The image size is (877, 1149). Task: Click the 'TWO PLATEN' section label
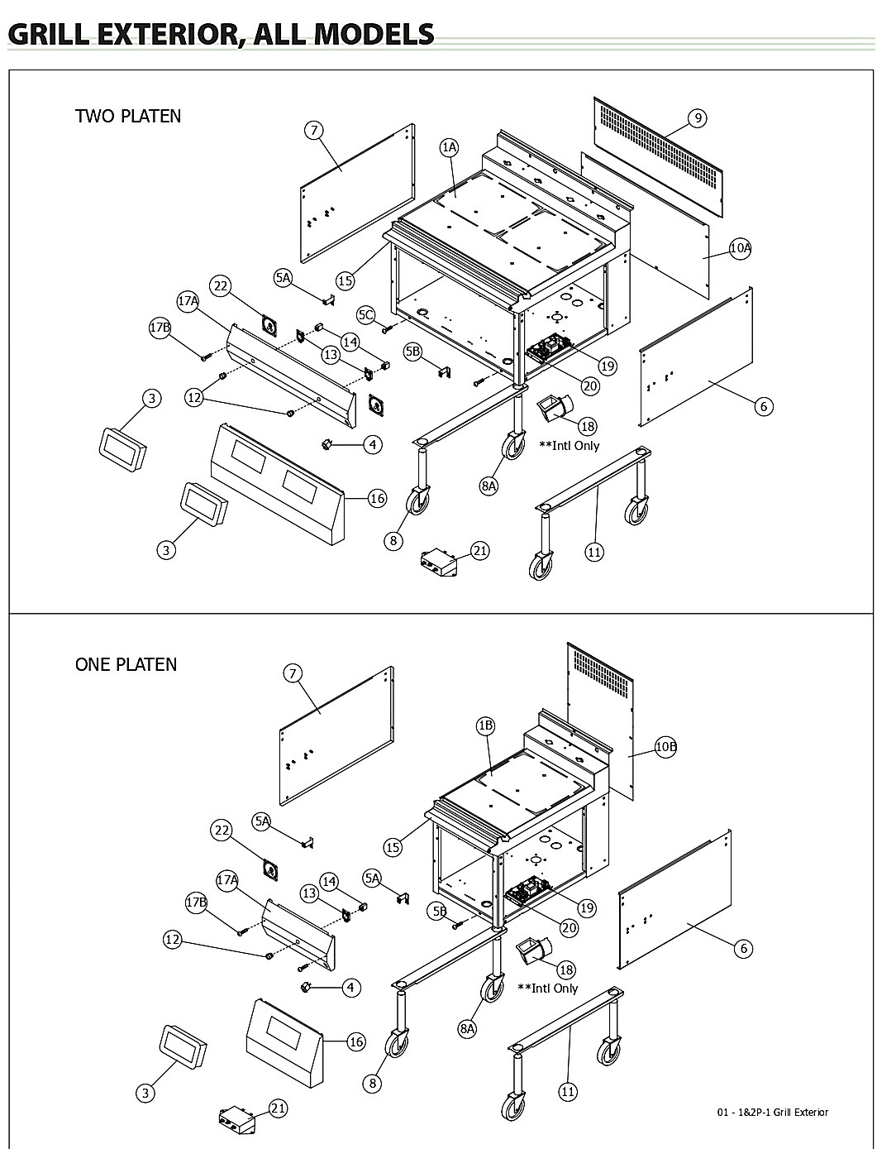tap(128, 116)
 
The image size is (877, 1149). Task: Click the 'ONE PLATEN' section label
tap(126, 664)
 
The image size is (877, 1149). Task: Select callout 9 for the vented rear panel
tap(698, 118)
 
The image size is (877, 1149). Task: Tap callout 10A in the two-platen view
tap(741, 247)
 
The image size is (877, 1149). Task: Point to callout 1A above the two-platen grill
tap(449, 148)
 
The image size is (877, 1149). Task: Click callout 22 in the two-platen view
tap(221, 286)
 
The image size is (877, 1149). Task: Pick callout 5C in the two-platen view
tap(366, 315)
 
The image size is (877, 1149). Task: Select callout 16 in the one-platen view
tap(356, 1041)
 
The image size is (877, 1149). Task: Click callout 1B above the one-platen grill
tap(486, 725)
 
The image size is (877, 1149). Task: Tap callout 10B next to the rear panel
tap(665, 746)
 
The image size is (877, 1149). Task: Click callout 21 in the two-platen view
tap(480, 551)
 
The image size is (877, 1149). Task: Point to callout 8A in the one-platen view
tap(467, 1028)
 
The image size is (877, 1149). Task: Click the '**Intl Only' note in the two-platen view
tap(569, 446)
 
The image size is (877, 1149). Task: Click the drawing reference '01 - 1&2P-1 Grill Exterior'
tap(772, 1112)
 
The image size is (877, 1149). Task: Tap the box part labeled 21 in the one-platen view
tap(237, 1118)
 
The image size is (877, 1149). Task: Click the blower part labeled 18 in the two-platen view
tap(555, 409)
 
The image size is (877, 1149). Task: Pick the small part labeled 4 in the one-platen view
tap(305, 987)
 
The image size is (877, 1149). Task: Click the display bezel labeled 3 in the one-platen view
tap(183, 1047)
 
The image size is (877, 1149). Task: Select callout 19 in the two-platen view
tap(607, 366)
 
